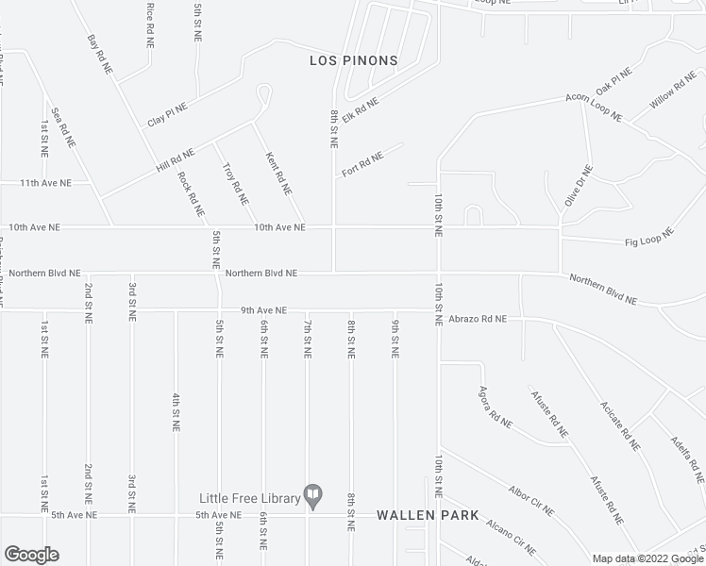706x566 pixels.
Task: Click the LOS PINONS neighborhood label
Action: click(x=354, y=60)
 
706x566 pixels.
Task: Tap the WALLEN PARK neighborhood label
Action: click(x=428, y=516)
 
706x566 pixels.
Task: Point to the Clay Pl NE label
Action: click(x=167, y=115)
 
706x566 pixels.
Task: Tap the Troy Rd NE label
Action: click(x=235, y=184)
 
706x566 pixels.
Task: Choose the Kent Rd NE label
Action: click(x=277, y=175)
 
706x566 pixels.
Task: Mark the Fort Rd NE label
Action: click(x=362, y=164)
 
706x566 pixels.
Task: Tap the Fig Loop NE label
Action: click(x=649, y=237)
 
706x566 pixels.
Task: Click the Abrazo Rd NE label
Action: click(x=478, y=320)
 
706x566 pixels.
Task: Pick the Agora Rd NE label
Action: click(x=495, y=407)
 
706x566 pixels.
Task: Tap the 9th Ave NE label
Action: click(x=263, y=310)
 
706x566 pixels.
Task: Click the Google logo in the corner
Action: click(x=31, y=554)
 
